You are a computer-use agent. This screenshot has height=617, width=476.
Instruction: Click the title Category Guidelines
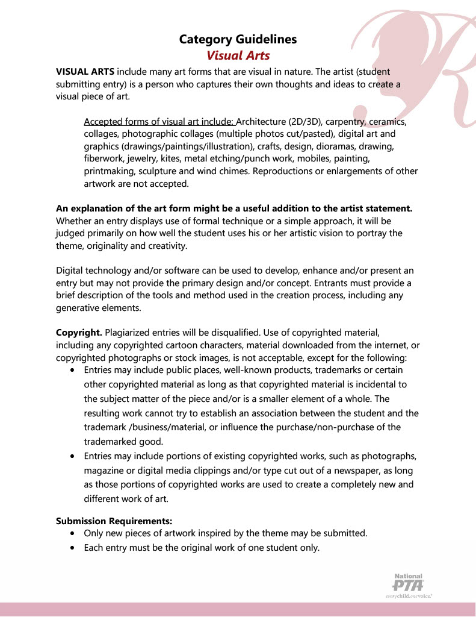[x=238, y=40]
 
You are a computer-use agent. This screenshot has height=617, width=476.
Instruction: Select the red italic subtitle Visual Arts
[x=238, y=55]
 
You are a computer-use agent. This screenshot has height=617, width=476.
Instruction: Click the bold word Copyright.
[x=79, y=333]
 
